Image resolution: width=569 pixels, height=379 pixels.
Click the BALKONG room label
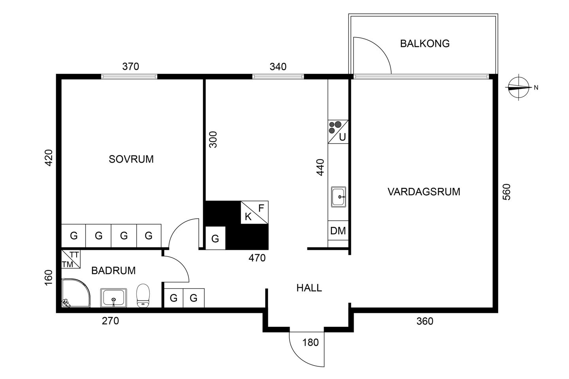pos(425,44)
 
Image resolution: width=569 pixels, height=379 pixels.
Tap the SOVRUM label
pos(131,159)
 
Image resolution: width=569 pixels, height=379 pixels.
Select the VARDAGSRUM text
pos(424,191)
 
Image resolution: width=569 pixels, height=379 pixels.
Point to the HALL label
pos(309,288)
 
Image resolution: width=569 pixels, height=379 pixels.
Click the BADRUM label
pos(113,270)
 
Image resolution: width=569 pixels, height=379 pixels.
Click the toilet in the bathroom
pos(143,295)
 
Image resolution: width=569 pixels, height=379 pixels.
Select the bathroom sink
pos(113,298)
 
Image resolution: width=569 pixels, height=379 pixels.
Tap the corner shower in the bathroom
pos(76,293)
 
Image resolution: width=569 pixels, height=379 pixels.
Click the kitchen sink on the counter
pos(338,197)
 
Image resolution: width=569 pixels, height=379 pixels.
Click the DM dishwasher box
pos(338,231)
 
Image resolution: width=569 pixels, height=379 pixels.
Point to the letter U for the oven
pos(343,137)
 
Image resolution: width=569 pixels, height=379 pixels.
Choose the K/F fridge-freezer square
pos(254,212)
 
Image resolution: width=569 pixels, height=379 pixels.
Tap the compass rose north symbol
pos(519,87)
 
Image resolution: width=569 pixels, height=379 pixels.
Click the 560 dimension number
pos(507,192)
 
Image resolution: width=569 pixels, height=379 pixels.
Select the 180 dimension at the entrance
pos(311,342)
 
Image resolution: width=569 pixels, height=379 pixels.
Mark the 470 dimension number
pos(257,258)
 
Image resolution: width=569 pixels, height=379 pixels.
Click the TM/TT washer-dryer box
pos(71,259)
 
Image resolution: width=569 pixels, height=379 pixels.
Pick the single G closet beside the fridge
pos(215,238)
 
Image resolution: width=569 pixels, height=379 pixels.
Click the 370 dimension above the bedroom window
pos(130,66)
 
